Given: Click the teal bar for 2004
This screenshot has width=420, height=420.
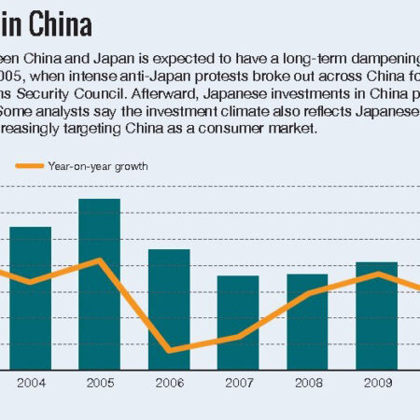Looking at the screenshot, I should click(x=31, y=299).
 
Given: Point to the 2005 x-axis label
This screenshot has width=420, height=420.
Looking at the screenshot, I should click(x=100, y=383).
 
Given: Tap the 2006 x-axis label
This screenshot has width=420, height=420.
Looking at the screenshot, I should click(x=169, y=383).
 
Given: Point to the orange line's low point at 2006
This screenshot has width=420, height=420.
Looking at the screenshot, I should click(x=169, y=350).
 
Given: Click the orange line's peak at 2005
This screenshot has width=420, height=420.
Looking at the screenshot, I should click(x=100, y=259).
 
